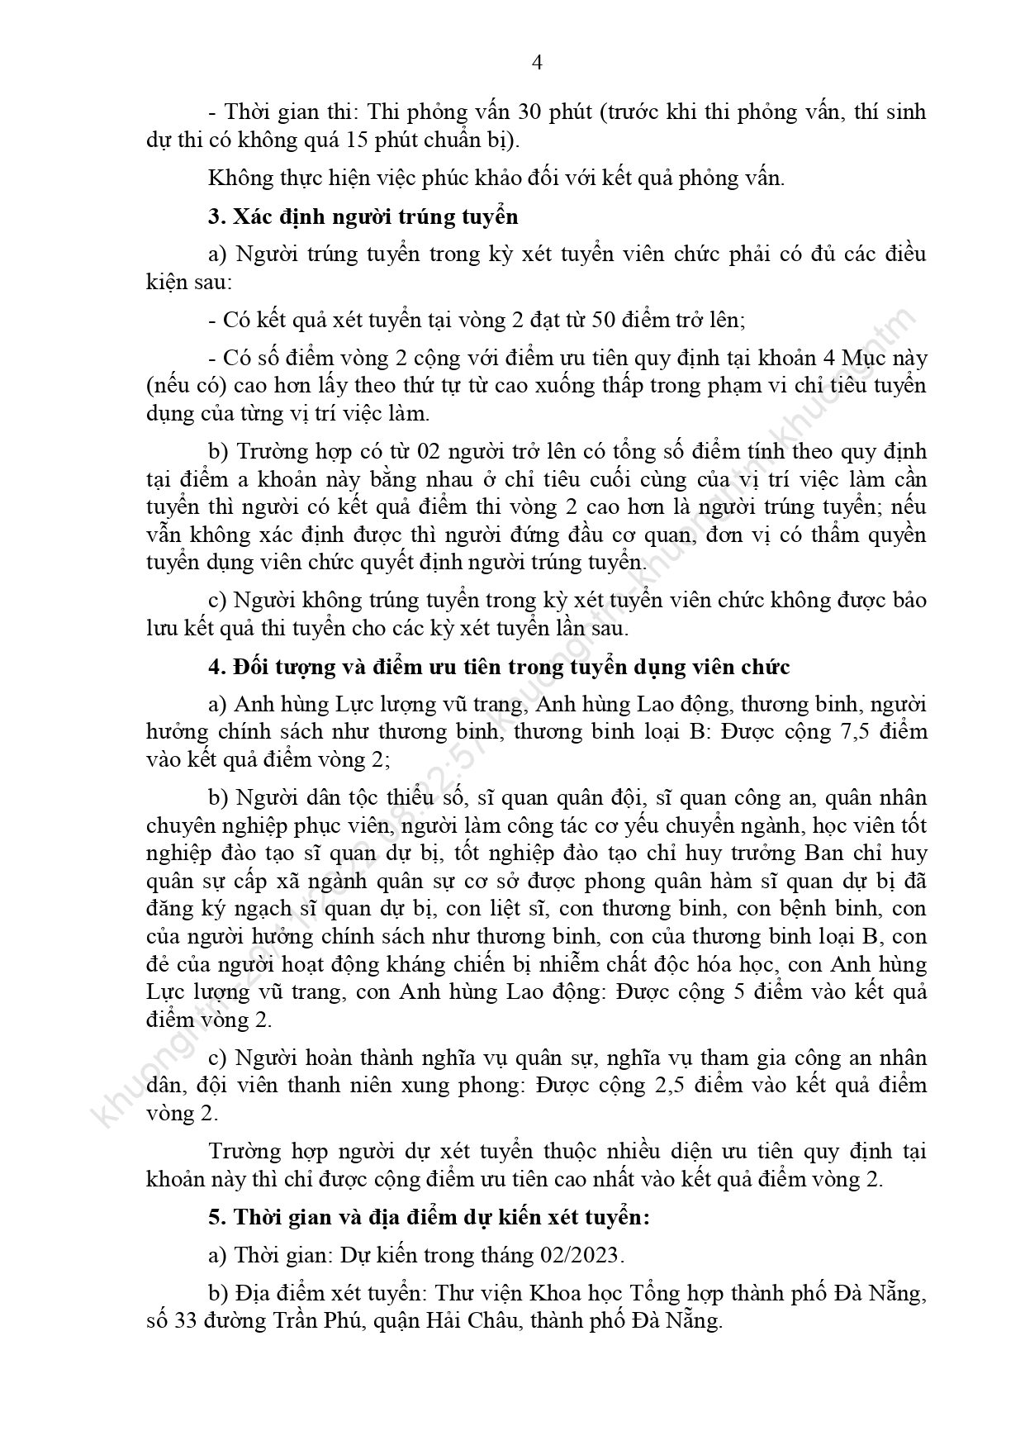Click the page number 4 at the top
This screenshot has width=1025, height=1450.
(x=537, y=64)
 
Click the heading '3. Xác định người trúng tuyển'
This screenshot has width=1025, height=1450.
(x=363, y=216)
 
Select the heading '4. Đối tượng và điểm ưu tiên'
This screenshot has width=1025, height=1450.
(x=499, y=666)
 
